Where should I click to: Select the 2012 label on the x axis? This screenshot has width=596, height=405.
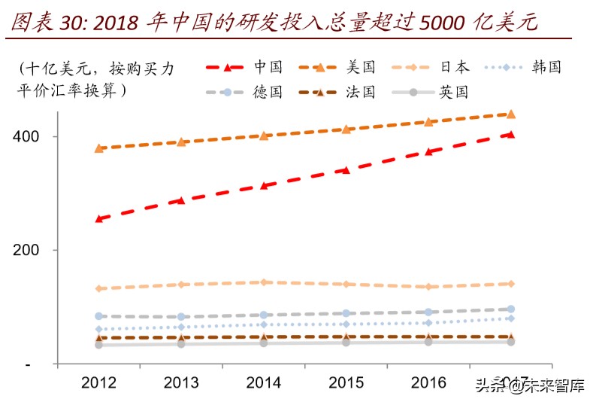click(98, 383)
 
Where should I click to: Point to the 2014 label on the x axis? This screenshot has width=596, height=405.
click(263, 383)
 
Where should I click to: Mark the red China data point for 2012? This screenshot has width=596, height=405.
click(99, 219)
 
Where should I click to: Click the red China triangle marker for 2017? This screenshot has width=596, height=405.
click(511, 135)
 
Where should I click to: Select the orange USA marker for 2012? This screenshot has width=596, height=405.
click(99, 148)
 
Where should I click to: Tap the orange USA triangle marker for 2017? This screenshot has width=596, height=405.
click(511, 114)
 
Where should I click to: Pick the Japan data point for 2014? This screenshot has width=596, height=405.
click(264, 282)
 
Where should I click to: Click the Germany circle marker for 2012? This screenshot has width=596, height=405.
click(99, 316)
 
